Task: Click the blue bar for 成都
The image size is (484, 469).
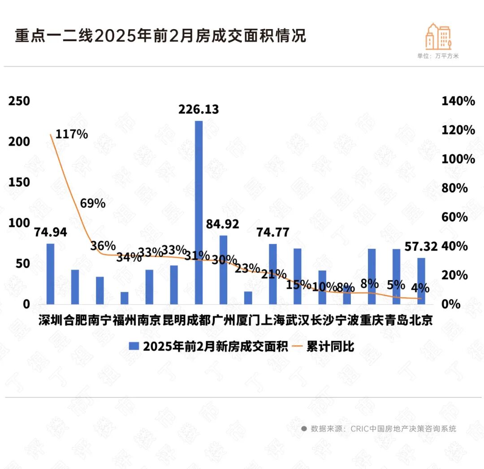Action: (199, 213)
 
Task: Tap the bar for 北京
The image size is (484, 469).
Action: (421, 281)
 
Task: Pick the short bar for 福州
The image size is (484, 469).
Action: (124, 298)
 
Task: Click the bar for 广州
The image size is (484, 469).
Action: (223, 269)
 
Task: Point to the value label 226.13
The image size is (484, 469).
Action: (199, 109)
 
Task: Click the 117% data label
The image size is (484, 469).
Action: (72, 134)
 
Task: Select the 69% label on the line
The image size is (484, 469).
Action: (93, 203)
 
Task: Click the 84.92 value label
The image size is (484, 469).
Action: (223, 224)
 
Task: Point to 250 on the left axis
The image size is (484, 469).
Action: (19, 101)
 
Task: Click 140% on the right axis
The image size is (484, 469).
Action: (458, 101)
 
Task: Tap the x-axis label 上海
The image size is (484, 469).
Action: (272, 320)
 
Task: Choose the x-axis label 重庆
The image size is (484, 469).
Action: (372, 320)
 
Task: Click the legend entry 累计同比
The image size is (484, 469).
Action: (330, 346)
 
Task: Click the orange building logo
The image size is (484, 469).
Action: (438, 36)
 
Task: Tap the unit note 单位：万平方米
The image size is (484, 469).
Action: (438, 56)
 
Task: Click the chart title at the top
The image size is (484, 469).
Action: (160, 36)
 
